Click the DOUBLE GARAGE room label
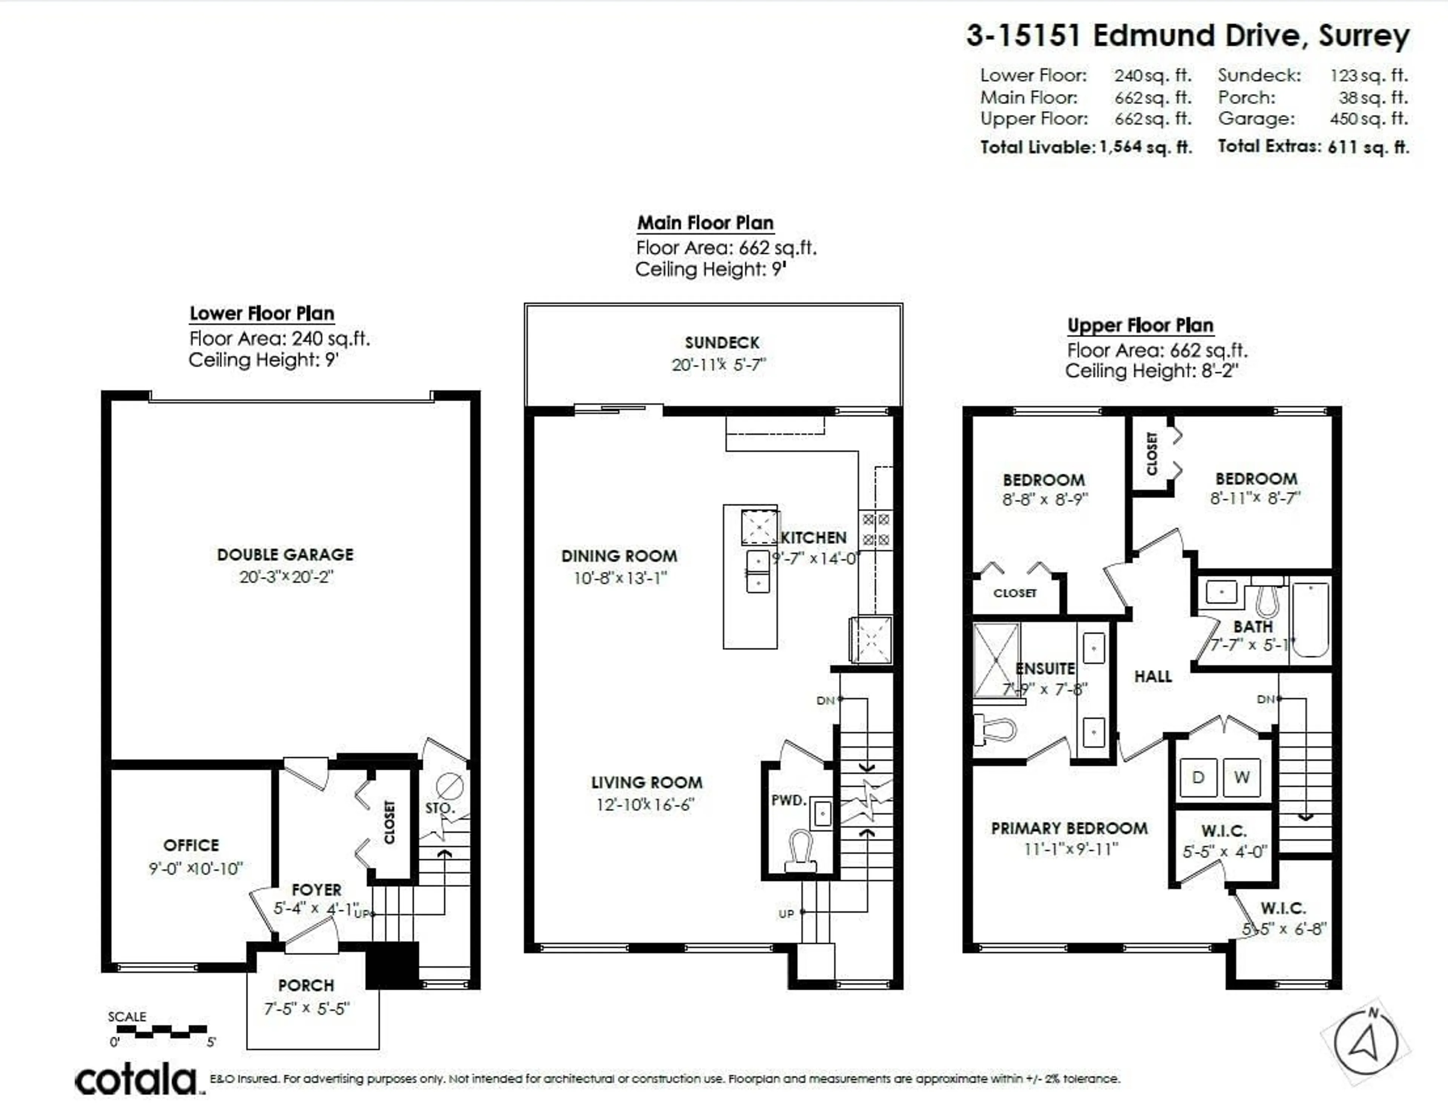click(x=285, y=554)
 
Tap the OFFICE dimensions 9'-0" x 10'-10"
click(x=196, y=868)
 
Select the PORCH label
click(x=306, y=985)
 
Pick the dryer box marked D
click(x=1198, y=777)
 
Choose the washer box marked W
click(x=1242, y=777)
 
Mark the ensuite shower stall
click(x=996, y=660)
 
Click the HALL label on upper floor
click(x=1153, y=676)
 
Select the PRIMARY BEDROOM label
click(x=1069, y=828)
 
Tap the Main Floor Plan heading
click(x=706, y=223)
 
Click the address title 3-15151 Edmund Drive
click(x=1187, y=36)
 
